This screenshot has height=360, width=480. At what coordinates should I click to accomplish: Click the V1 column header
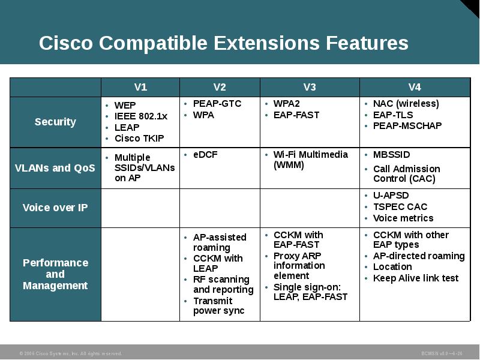pyautogui.click(x=140, y=87)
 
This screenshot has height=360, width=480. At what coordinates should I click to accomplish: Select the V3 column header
pyautogui.click(x=309, y=87)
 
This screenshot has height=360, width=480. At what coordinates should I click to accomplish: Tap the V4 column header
pyautogui.click(x=415, y=87)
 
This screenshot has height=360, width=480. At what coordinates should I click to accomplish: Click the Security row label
pyautogui.click(x=55, y=122)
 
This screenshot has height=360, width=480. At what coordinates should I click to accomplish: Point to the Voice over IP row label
pyautogui.click(x=55, y=208)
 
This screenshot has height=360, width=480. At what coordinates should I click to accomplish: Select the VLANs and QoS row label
pyautogui.click(x=55, y=168)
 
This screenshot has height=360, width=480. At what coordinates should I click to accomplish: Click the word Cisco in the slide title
pyautogui.click(x=66, y=43)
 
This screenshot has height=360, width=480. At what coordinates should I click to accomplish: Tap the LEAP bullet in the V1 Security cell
pyautogui.click(x=127, y=127)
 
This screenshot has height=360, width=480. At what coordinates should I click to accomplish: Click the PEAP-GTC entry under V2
pyautogui.click(x=217, y=104)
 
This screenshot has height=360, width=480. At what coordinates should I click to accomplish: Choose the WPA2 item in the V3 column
pyautogui.click(x=286, y=104)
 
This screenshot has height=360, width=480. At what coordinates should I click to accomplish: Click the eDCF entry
pyautogui.click(x=205, y=154)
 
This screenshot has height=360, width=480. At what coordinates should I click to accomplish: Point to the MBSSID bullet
pyautogui.click(x=391, y=154)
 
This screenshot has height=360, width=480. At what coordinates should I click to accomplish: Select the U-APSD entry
pyautogui.click(x=390, y=196)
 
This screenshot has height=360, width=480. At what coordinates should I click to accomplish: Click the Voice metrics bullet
pyautogui.click(x=403, y=218)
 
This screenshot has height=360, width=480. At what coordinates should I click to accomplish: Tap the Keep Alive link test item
pyautogui.click(x=415, y=278)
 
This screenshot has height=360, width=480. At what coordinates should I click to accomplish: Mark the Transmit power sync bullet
pyautogui.click(x=218, y=305)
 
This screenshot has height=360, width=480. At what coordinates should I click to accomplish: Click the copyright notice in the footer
pyautogui.click(x=71, y=353)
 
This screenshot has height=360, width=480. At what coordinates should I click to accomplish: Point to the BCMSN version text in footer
pyautogui.click(x=442, y=353)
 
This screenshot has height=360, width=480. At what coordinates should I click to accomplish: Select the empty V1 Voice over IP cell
pyautogui.click(x=140, y=208)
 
